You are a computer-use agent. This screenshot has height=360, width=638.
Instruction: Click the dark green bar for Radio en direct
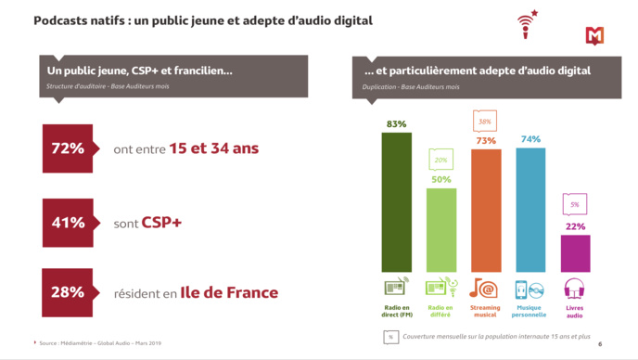pyautogui.click(x=396, y=201)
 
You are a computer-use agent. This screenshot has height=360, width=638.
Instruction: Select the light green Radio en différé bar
pyautogui.click(x=440, y=229)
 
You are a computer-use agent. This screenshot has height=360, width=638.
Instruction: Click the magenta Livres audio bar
pyautogui.click(x=575, y=252)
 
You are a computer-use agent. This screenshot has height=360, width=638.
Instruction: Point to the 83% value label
pyautogui.click(x=396, y=123)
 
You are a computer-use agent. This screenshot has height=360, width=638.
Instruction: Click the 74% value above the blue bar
pyautogui.click(x=530, y=139)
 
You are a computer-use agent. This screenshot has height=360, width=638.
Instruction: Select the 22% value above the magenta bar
pyautogui.click(x=575, y=226)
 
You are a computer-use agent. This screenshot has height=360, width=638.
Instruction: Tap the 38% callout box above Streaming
pyautogui.click(x=485, y=121)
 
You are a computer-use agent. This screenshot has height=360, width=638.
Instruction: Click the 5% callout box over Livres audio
pyautogui.click(x=575, y=204)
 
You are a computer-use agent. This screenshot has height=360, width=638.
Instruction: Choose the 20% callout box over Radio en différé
pyautogui.click(x=440, y=160)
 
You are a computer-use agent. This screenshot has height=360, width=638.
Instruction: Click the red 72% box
pyautogui.click(x=68, y=148)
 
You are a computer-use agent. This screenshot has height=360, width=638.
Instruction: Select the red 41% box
pyautogui.click(x=68, y=223)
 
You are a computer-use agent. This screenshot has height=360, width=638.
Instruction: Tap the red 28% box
pyautogui.click(x=68, y=292)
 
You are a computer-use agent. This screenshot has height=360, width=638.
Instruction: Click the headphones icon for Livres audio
pyautogui.click(x=575, y=287)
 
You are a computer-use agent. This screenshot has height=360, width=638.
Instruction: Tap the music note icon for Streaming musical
pyautogui.click(x=485, y=287)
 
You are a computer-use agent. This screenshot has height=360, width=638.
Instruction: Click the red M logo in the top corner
pyautogui.click(x=594, y=35)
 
